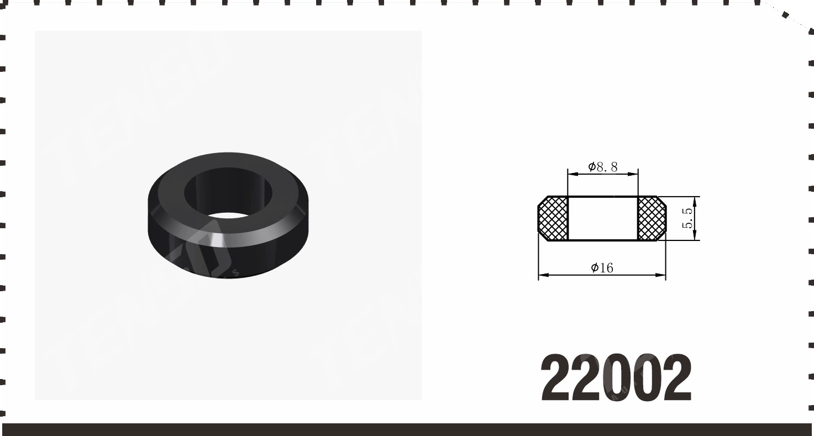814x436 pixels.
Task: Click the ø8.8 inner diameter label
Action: (x=603, y=167)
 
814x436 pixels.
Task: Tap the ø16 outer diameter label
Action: (x=602, y=268)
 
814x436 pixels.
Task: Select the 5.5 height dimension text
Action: (x=687, y=218)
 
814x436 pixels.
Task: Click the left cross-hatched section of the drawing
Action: (x=553, y=218)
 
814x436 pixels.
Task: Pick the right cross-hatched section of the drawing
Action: (x=652, y=218)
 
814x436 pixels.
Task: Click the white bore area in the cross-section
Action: (x=602, y=218)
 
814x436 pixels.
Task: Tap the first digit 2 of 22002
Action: (x=556, y=377)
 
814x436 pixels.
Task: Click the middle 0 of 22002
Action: (x=616, y=378)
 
